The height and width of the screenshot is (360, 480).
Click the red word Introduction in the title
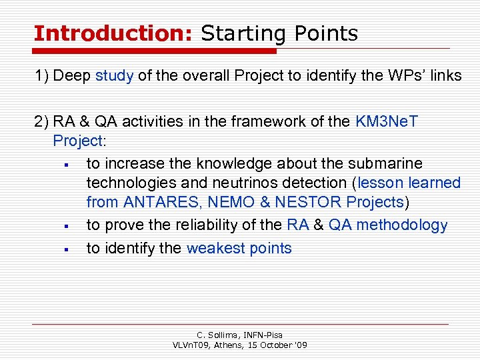pyautogui.click(x=112, y=33)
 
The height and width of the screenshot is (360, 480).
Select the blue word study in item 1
pyautogui.click(x=115, y=75)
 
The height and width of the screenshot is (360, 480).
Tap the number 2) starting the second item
pyautogui.click(x=42, y=121)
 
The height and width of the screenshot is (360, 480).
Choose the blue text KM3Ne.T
pyautogui.click(x=387, y=121)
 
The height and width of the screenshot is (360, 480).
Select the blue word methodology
pyautogui.click(x=402, y=225)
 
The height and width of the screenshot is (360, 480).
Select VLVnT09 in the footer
pyautogui.click(x=193, y=345)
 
